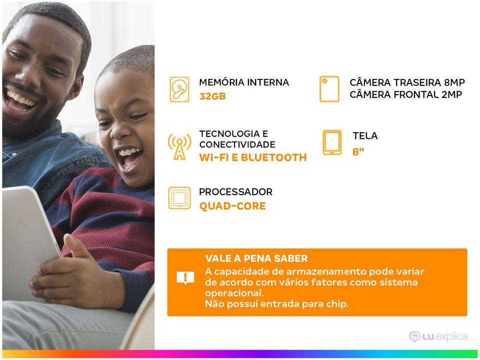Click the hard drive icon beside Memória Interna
(x=179, y=89)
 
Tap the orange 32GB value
(x=212, y=96)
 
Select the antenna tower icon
(x=179, y=147)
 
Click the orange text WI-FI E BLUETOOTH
(x=253, y=157)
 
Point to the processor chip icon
(x=179, y=198)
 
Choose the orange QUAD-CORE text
(x=232, y=206)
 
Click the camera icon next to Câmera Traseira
(x=329, y=89)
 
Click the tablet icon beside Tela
(x=332, y=142)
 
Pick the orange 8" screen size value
(x=358, y=151)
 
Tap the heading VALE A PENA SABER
(x=256, y=258)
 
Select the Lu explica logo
(x=438, y=336)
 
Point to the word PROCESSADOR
(x=235, y=192)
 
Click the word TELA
(x=365, y=135)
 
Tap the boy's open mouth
(x=129, y=157)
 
